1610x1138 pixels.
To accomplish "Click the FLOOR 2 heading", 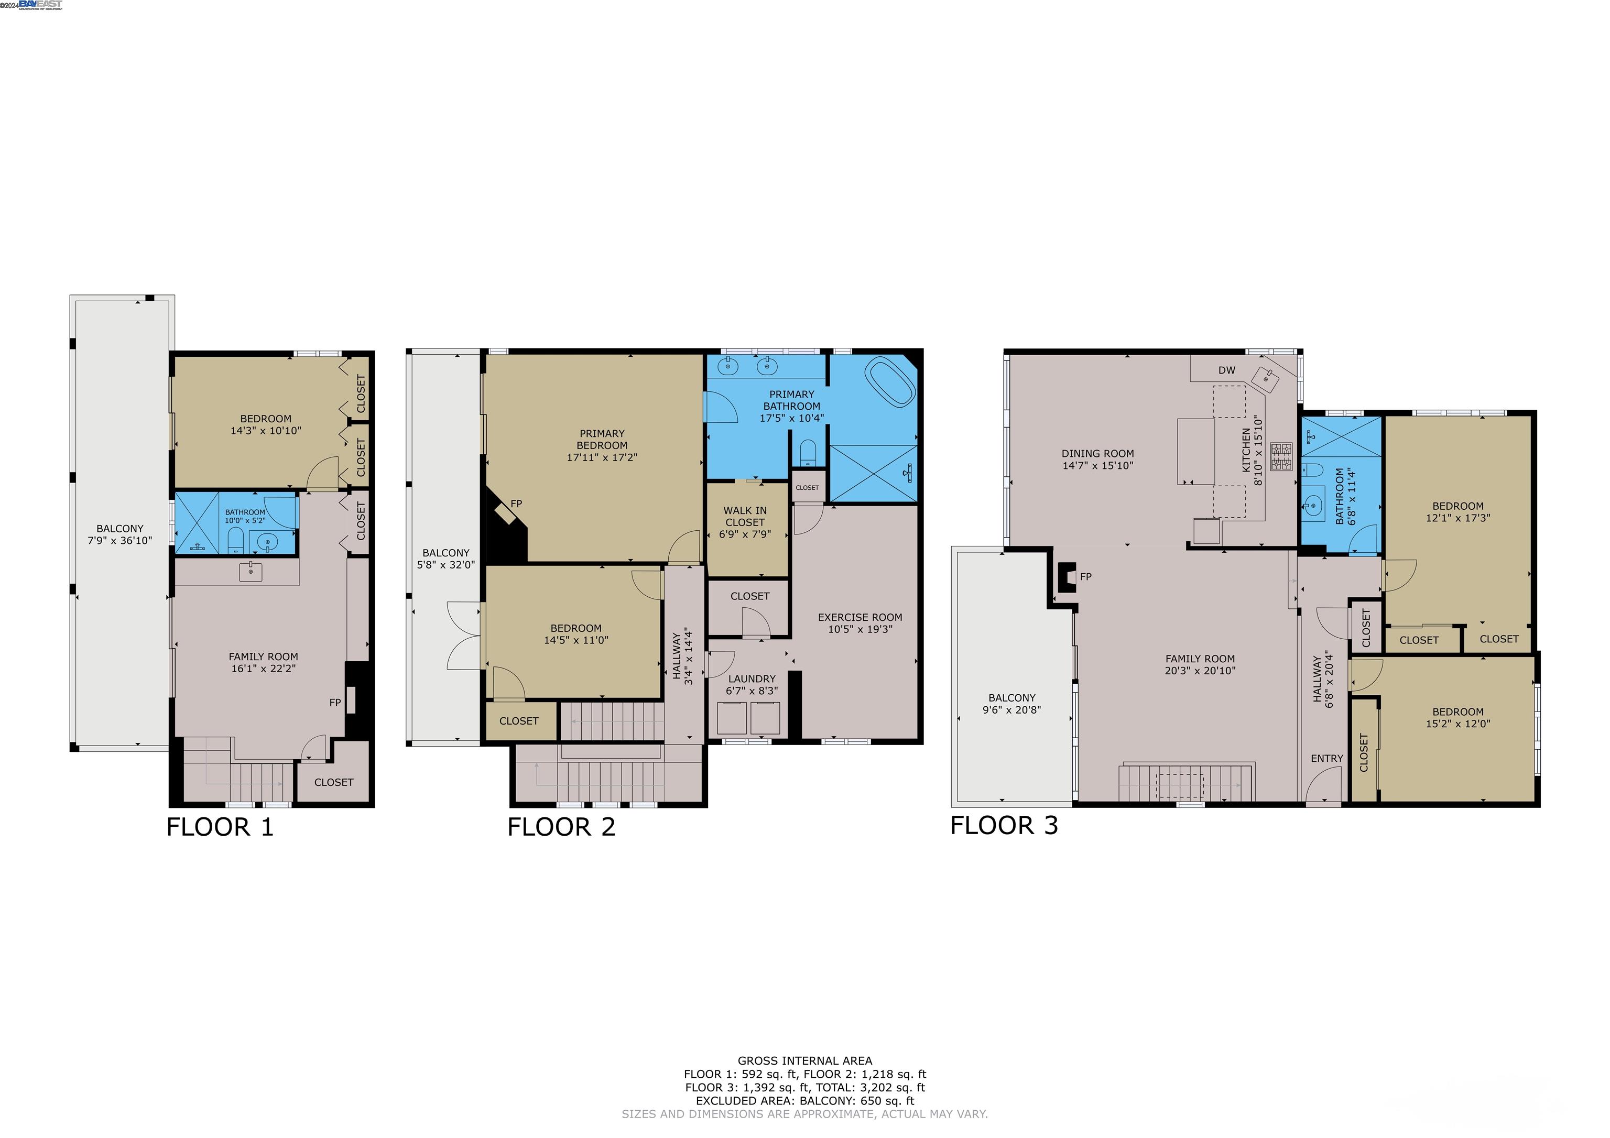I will tap(561, 827).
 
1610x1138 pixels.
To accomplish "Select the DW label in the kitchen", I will tap(1226, 370).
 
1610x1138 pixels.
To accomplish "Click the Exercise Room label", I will tap(860, 617).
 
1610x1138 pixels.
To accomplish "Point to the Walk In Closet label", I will tap(745, 517).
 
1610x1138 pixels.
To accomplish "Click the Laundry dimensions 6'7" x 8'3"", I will tap(752, 691).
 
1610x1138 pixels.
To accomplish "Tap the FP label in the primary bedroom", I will tap(516, 504).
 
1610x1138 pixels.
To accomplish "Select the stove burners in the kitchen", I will tap(1281, 456).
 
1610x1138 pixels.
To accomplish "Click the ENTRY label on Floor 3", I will tap(1326, 759).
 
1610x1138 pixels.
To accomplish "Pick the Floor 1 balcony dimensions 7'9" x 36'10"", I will tap(120, 541).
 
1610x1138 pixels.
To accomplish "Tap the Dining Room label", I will tap(1097, 454).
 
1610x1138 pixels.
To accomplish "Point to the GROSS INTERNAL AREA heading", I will tap(804, 1061).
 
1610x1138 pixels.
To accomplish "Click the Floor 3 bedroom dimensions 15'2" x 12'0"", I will tap(1458, 724).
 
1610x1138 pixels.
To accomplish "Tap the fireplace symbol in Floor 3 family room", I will tap(1066, 577).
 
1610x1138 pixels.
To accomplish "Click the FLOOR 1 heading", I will tap(220, 827).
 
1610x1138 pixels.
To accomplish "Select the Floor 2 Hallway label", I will tap(677, 656).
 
